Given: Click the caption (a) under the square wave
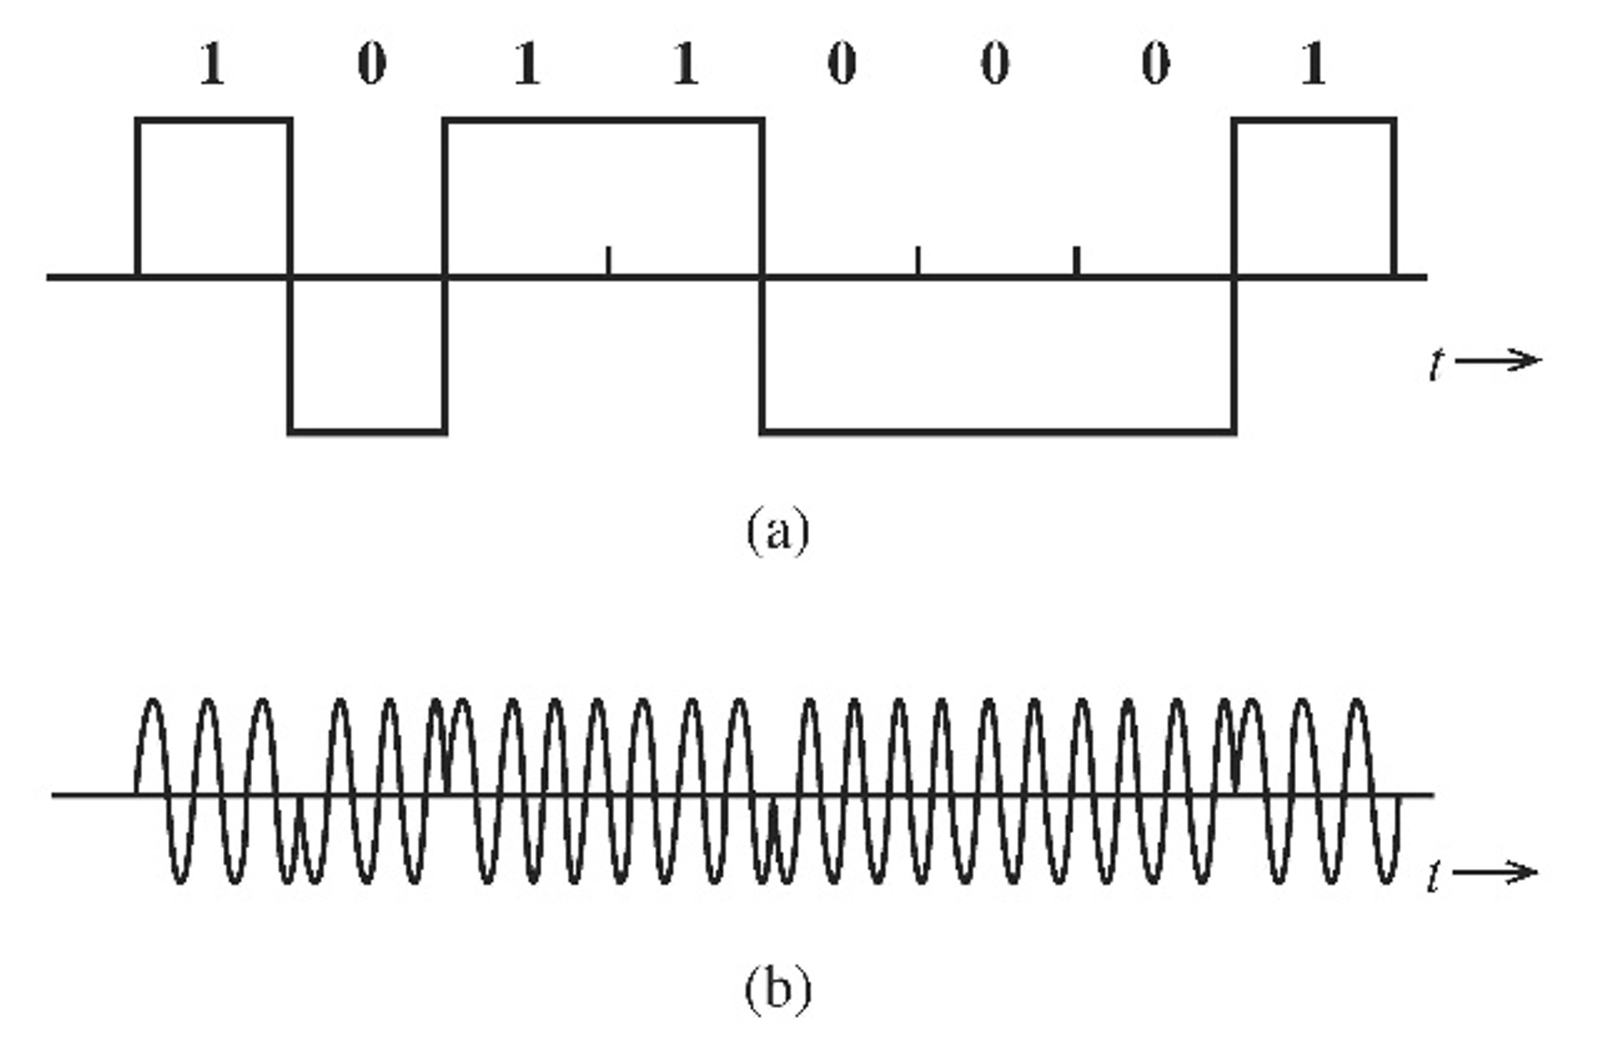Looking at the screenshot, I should (777, 531).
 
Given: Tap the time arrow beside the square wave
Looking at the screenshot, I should (1497, 360).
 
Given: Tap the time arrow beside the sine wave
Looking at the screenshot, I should (1494, 872).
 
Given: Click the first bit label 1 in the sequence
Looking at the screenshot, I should (212, 64).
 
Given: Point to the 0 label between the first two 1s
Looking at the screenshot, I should (372, 64).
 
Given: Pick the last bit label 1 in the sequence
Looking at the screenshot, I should (1313, 64).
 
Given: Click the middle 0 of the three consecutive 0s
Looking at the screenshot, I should (995, 64).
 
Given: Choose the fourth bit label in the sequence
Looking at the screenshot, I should (685, 64).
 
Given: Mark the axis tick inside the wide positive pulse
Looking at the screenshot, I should (608, 261).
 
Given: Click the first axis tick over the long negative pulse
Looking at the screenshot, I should (917, 261).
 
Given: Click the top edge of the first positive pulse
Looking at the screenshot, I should (214, 120).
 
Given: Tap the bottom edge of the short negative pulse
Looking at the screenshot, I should (368, 431).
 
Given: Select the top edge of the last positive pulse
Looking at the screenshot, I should (1313, 120).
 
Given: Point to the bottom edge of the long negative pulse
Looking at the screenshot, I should (998, 431).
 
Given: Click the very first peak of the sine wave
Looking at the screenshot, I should (153, 700).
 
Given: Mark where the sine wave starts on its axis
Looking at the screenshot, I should (137, 794).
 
